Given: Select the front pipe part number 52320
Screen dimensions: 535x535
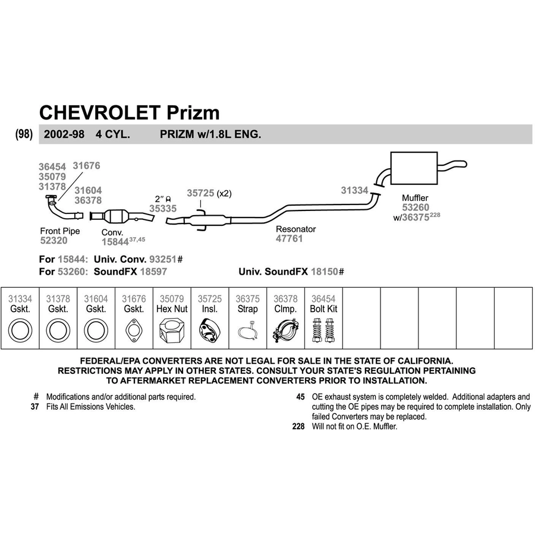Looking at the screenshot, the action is pos(54,241).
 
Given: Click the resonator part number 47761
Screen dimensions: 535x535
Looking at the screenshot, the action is pos(289,238).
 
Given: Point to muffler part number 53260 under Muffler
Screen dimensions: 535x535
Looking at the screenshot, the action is pos(416,207).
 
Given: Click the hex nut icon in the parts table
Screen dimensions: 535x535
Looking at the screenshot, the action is pos(172,331).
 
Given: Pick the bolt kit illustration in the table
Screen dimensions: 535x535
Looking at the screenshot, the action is pos(323,331).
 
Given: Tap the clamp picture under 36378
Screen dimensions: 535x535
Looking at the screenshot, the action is pos(285,331).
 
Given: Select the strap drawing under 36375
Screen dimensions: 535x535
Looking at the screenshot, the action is pos(248,331).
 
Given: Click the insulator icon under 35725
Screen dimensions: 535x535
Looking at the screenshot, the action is pos(209,331).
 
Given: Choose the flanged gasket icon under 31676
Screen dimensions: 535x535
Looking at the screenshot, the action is pos(134,331).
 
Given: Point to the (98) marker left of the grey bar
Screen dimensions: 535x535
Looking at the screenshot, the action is pos(24,134).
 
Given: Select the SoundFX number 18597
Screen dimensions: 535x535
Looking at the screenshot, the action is pos(153,272).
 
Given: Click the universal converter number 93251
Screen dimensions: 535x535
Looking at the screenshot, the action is pos(163,259).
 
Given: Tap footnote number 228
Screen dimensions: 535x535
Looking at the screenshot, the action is pos(298,426).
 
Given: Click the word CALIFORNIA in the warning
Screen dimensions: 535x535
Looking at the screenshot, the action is pos(421,361).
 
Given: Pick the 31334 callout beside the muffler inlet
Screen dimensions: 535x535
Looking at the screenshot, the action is pos(354,190).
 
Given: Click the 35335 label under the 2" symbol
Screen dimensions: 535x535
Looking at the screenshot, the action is pos(163,209).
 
